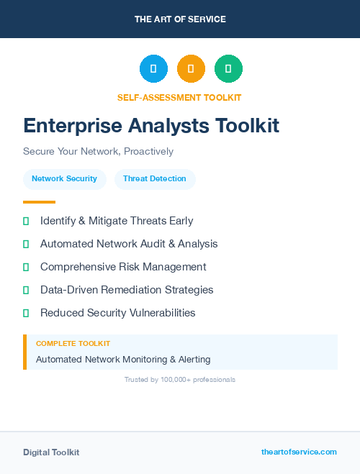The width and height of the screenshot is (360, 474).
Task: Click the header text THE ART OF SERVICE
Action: (x=180, y=19)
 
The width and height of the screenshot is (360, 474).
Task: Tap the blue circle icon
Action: (x=153, y=69)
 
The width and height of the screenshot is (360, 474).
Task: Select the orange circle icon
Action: (x=191, y=69)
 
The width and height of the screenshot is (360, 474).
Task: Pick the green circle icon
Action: (x=228, y=69)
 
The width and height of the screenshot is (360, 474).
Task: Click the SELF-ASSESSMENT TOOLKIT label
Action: (x=179, y=97)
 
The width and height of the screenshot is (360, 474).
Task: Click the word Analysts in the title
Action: (x=151, y=126)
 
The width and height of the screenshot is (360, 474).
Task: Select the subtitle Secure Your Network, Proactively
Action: (x=98, y=152)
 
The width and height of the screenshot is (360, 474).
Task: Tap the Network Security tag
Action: (x=64, y=178)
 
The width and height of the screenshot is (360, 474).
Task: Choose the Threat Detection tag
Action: (x=155, y=178)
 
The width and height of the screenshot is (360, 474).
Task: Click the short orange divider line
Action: (x=39, y=202)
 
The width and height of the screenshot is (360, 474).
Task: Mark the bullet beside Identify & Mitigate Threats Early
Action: (x=26, y=221)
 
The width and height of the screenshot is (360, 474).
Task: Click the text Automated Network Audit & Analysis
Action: (x=129, y=244)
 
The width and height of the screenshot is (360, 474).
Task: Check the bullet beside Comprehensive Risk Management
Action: (x=26, y=267)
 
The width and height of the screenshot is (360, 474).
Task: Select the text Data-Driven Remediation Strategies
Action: (x=127, y=290)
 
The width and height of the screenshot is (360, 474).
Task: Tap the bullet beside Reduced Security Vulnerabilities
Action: (x=26, y=313)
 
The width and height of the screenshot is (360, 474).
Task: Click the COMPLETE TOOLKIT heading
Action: (x=73, y=344)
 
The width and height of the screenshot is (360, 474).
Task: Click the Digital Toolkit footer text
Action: (x=51, y=452)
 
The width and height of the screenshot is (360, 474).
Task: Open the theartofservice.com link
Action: (x=299, y=452)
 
